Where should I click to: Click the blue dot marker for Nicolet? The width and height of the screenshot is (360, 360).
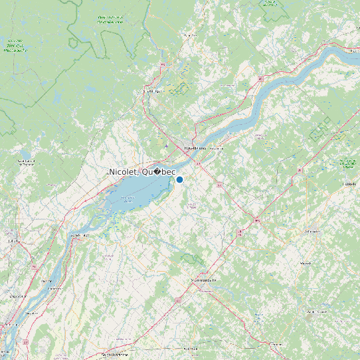(179, 179)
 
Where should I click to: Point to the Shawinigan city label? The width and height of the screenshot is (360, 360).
(153, 91)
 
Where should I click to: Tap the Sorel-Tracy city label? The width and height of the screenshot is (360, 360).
(80, 235)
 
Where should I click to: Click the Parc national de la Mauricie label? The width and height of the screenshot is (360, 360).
(110, 20)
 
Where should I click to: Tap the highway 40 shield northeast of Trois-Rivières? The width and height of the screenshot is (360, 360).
(261, 79)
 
